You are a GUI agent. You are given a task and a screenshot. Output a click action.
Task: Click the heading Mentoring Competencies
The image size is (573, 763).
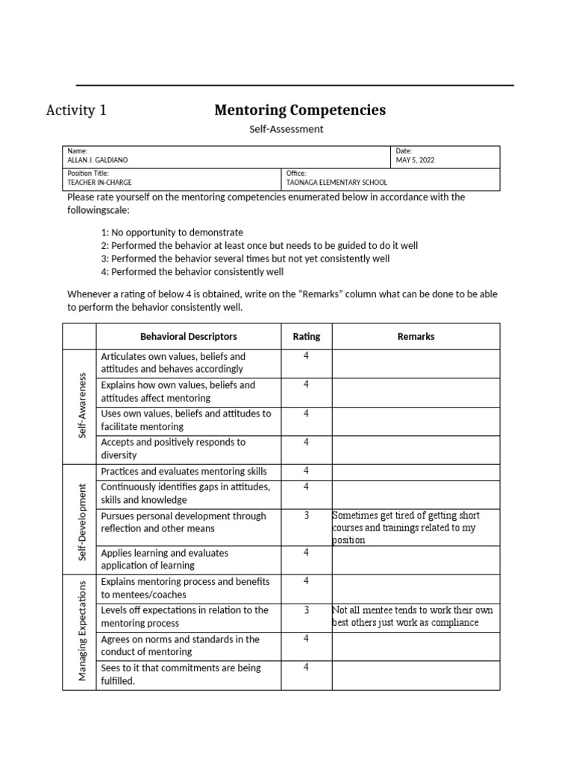pos(300,110)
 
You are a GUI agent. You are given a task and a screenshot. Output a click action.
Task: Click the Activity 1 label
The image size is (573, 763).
pos(76,111)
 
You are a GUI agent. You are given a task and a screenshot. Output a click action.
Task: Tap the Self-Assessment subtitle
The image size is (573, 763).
pos(286,129)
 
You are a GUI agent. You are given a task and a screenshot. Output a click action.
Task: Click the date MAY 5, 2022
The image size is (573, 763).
pos(416,160)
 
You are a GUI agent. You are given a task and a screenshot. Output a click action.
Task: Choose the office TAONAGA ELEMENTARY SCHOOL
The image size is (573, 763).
pos(336,182)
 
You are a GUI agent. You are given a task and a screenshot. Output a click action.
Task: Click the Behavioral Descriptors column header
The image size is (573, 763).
pos(188,336)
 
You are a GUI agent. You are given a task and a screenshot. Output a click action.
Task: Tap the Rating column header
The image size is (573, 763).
pos(306,336)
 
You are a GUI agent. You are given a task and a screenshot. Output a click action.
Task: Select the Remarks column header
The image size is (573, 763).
pos(416,336)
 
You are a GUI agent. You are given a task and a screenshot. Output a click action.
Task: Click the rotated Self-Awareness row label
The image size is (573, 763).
pos(83,405)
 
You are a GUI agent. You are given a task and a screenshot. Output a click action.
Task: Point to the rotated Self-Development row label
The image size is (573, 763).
pos(83,522)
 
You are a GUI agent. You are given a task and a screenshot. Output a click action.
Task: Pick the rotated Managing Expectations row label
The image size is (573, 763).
pos(83,630)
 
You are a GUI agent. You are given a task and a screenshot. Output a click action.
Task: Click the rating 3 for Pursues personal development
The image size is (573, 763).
pos(306,516)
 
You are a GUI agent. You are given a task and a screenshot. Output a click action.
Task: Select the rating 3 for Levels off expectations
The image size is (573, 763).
pos(306,610)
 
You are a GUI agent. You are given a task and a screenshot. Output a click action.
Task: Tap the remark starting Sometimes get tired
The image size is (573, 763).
pos(407,528)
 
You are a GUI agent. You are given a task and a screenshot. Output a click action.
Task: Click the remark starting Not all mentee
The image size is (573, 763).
pos(413,616)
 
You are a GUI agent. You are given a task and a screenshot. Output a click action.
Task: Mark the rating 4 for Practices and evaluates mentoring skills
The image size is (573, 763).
pos(306,470)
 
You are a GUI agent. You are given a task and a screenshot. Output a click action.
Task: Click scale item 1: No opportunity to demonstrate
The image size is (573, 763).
pos(172,232)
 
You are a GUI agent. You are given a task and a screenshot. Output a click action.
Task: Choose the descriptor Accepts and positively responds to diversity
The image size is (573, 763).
pos(173,449)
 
